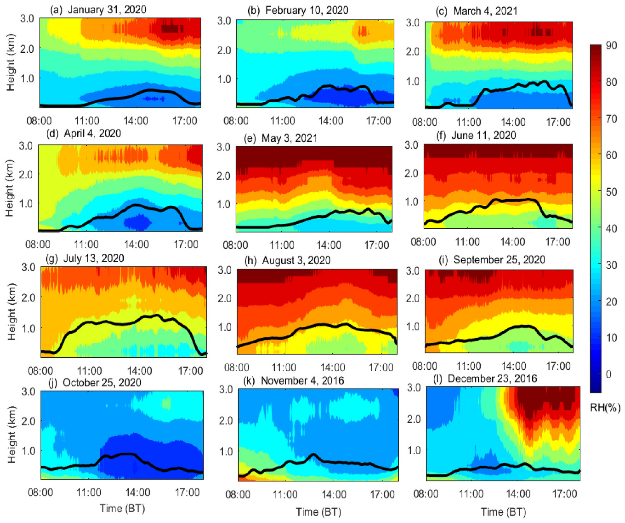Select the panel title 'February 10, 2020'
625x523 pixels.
(x=307, y=10)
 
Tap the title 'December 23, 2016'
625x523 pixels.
(x=492, y=379)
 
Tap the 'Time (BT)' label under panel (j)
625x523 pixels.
(x=122, y=508)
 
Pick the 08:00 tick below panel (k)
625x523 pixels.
(x=238, y=495)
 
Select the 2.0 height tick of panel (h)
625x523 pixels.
(x=224, y=298)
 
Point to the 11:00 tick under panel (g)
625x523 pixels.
(x=90, y=371)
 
